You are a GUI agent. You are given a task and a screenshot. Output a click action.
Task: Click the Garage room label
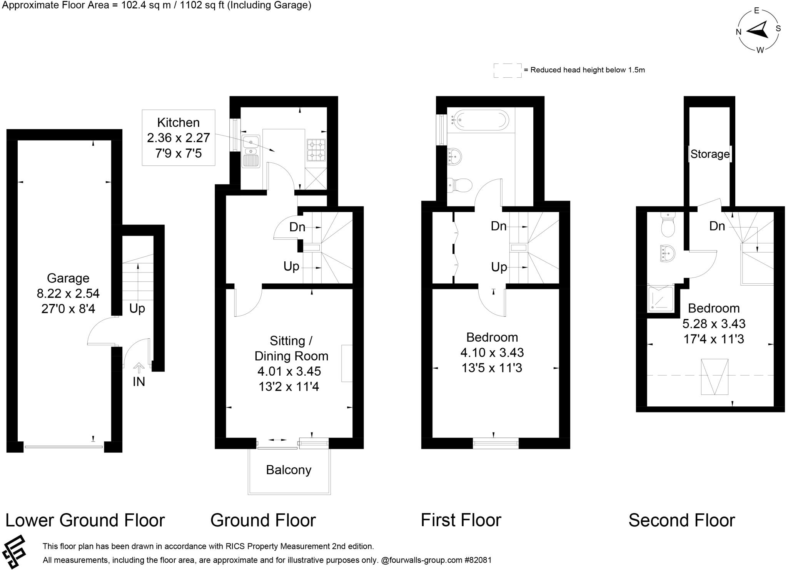(x=68, y=278)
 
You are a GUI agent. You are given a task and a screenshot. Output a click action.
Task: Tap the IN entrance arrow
(x=139, y=368)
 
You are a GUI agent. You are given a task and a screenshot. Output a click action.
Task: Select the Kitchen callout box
(x=178, y=138)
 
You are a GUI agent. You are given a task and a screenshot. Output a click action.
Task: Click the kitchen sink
(x=251, y=150)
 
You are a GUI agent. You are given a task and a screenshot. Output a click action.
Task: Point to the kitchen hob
(x=316, y=150)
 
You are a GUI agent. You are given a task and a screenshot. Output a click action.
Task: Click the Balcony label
(x=289, y=470)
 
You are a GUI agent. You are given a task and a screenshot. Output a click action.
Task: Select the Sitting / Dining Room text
(x=291, y=348)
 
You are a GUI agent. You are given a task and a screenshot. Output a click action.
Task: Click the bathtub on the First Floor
(x=480, y=119)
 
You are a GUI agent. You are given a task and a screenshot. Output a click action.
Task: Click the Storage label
(x=710, y=154)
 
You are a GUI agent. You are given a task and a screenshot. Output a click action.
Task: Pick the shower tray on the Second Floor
(x=661, y=299)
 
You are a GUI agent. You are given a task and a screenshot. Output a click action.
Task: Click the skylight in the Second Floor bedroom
(x=715, y=377)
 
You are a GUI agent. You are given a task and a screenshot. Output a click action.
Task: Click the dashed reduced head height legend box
(x=508, y=70)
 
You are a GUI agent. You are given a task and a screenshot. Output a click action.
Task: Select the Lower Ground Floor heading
(x=85, y=520)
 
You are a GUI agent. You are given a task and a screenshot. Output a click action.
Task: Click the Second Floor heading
(x=681, y=520)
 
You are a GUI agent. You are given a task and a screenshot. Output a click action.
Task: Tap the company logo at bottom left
(x=14, y=552)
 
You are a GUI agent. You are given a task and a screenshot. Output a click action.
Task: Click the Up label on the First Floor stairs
(x=499, y=267)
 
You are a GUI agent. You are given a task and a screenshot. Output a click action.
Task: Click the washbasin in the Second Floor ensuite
(x=668, y=253)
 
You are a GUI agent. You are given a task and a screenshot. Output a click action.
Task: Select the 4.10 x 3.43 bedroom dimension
(x=492, y=353)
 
